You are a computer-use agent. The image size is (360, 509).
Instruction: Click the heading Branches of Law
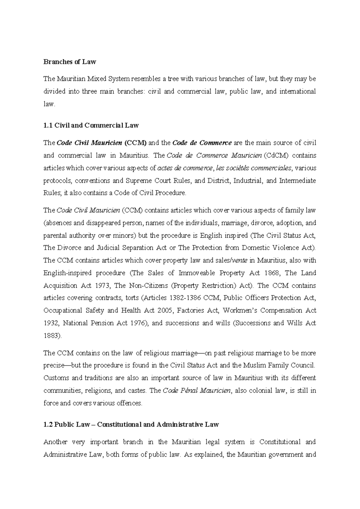pyautogui.click(x=70, y=62)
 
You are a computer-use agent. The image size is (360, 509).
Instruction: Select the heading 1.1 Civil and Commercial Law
pyautogui.click(x=91, y=125)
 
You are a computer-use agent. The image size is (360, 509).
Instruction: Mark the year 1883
pyautogui.click(x=52, y=336)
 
